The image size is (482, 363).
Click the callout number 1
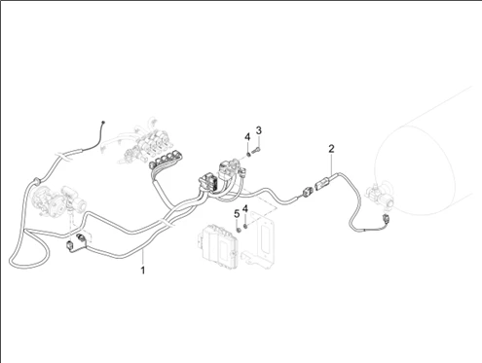(x=142, y=270)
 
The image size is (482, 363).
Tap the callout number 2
(x=331, y=149)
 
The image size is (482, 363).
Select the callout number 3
(x=258, y=130)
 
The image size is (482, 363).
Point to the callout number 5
(x=237, y=214)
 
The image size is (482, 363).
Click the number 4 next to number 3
(x=247, y=137)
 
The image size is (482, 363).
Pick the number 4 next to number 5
(x=245, y=208)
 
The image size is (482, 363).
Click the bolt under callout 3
(x=256, y=150)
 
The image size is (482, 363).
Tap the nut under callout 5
(x=238, y=230)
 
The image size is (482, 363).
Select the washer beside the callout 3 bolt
(x=248, y=154)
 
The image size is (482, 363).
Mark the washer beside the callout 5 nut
(x=245, y=226)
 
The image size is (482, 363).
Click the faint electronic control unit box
(x=218, y=246)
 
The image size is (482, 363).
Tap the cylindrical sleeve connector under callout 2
(x=322, y=185)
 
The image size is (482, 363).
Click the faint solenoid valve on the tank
(x=381, y=196)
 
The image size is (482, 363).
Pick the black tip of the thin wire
(x=103, y=123)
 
